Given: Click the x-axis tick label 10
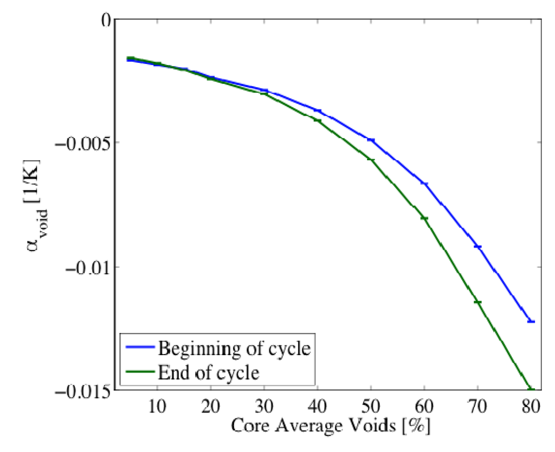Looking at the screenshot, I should (157, 407).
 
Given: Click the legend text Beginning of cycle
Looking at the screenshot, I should (234, 348).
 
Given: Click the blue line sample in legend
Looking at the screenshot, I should (139, 348).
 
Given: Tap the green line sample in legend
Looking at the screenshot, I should (139, 373).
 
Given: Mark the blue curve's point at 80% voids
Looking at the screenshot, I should (531, 322).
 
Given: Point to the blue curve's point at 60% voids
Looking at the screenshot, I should (424, 184).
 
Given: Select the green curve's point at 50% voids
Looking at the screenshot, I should (371, 160).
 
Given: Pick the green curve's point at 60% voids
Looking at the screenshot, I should (424, 218).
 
